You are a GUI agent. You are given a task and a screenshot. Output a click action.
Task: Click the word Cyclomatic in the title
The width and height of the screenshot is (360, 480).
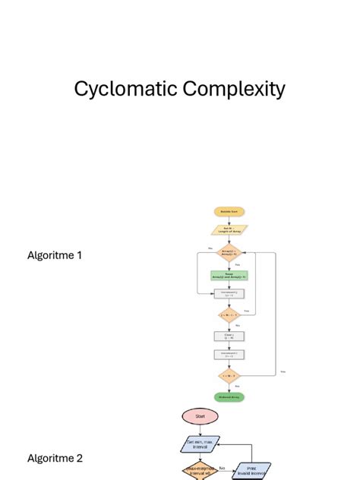point(125,90)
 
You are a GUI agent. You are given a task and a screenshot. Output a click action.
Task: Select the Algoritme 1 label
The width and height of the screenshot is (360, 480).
point(55,255)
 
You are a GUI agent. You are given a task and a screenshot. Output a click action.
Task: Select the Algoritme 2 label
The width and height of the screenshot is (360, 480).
point(55,458)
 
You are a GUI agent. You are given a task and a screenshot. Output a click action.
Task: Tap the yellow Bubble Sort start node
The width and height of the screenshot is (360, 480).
point(229,211)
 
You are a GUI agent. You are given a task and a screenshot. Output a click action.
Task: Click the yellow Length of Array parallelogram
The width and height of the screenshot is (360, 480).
point(229,229)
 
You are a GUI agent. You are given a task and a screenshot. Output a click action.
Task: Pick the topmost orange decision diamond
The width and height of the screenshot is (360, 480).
point(229,253)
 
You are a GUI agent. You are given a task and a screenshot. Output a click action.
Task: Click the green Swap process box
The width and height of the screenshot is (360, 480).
point(229,276)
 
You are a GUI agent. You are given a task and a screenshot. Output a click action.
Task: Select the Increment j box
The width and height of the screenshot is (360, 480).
point(229,294)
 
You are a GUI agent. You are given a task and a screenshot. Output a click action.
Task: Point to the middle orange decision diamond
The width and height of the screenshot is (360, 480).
point(229,314)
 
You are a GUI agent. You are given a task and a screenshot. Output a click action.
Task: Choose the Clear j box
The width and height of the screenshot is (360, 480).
point(229,336)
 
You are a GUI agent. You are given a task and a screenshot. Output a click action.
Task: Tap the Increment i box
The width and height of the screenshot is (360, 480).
point(229,353)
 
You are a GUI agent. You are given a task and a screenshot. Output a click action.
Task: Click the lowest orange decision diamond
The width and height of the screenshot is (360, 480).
point(229,376)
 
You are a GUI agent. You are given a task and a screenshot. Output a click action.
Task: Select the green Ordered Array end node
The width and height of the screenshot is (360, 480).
point(229,396)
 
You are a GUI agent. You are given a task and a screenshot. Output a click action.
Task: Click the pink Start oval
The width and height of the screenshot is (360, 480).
point(201,416)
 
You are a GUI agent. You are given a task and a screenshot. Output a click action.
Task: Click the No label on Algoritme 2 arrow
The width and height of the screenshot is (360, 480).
point(222,469)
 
